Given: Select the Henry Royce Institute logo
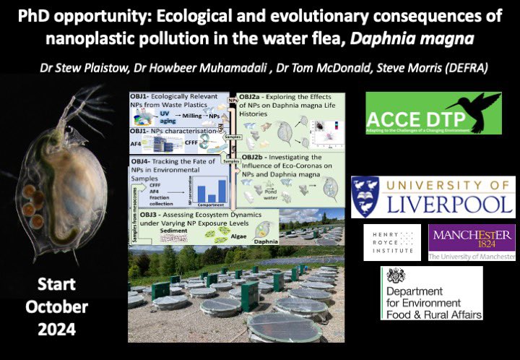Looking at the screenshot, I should click(391, 241).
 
